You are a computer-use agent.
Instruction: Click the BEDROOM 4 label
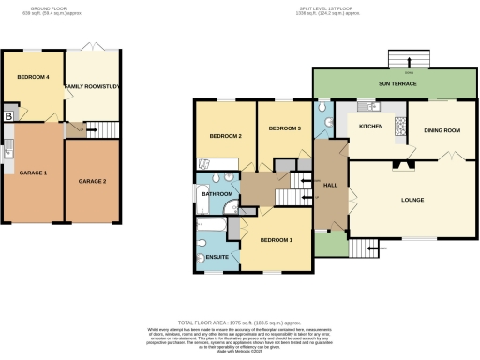click(34, 78)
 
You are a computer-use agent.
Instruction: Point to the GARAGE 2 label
click(91, 180)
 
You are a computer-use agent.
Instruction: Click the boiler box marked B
click(9, 116)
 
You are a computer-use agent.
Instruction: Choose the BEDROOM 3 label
click(284, 127)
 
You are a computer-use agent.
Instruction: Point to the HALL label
click(330, 186)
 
